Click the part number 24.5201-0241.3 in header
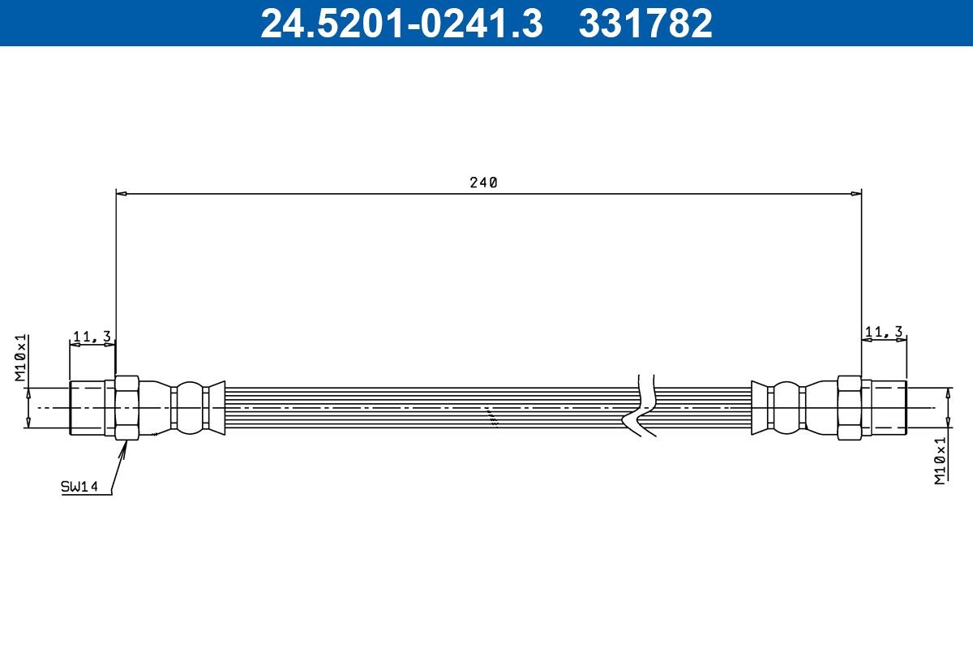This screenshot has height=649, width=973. pos(401,24)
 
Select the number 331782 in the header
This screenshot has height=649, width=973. pos(645,24)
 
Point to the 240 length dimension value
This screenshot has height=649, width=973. pos(483,183)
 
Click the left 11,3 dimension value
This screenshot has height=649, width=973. pos(92,336)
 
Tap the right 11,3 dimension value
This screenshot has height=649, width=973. pos(884,331)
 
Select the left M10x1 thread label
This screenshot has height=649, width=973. pos(21,357)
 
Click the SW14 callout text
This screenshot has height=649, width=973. pos(79,487)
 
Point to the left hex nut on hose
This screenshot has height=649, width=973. pos(127,407)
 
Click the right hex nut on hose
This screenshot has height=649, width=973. pos(849,407)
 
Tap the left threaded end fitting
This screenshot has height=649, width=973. pos(87,407)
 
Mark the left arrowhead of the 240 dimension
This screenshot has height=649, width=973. pos(121,194)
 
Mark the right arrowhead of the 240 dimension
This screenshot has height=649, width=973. pos(856,194)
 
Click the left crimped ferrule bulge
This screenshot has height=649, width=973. pos(191,407)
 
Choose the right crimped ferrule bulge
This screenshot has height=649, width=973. pos(786,407)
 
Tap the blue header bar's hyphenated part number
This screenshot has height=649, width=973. pos(401,24)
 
